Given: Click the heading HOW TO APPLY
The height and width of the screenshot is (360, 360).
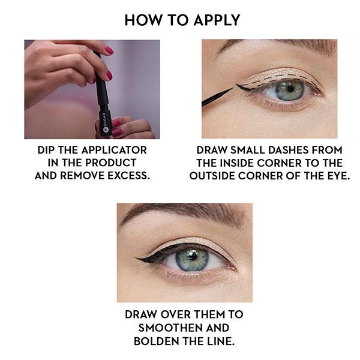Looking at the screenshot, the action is coord(182,20).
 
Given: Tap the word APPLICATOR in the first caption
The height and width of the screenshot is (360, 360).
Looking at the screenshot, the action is coord(114,150).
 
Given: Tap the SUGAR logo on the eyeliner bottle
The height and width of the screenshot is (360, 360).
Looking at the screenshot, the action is coord(104,122).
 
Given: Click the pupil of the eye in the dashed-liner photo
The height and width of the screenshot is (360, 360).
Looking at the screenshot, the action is coord(290,89).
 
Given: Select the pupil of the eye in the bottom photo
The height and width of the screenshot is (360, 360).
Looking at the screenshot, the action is coord(193,256).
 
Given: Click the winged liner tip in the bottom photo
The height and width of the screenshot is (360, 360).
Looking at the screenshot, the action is coord(137,259).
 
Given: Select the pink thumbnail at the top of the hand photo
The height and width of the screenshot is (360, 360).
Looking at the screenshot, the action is coord(109,50).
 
